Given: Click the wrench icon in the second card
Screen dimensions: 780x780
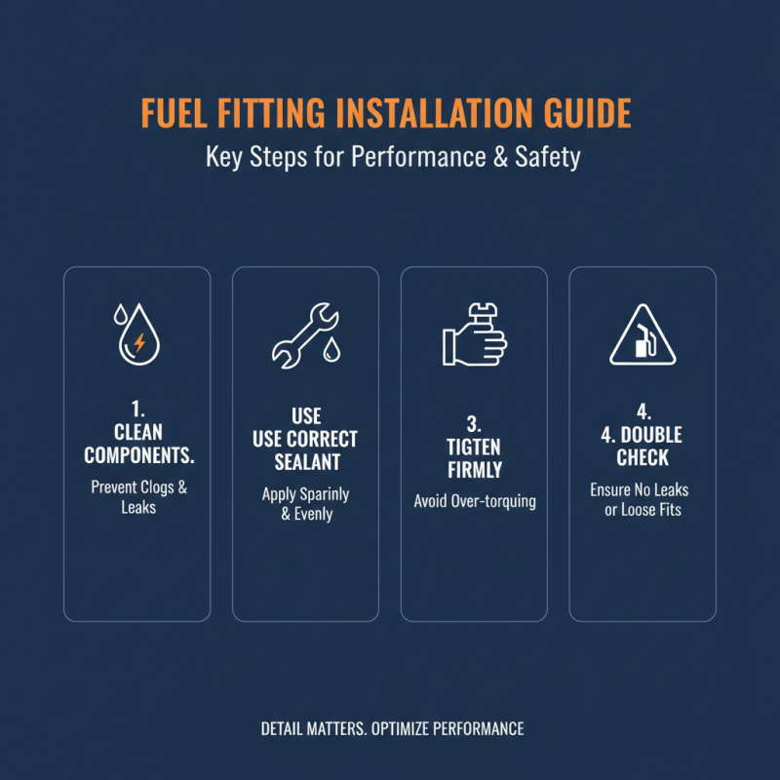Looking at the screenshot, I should (302, 335).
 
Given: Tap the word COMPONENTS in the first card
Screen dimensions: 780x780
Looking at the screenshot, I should (138, 455).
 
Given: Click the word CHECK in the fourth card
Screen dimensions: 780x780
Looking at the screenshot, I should (643, 457).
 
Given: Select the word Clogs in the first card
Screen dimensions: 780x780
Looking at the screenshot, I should (156, 487).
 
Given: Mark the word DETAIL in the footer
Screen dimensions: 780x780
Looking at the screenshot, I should (286, 728).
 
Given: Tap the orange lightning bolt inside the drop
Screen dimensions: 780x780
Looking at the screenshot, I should (139, 342).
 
